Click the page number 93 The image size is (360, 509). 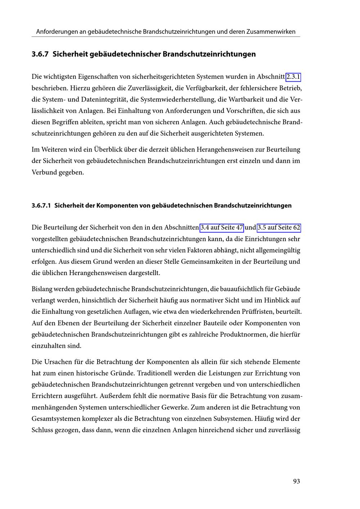point(296,481)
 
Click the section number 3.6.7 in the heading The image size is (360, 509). point(40,54)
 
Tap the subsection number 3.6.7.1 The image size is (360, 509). point(41,206)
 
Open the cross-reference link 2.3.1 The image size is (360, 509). point(293,77)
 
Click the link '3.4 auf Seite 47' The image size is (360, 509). point(222,228)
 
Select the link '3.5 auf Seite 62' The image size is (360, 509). point(279,228)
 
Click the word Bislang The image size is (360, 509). point(42,289)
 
